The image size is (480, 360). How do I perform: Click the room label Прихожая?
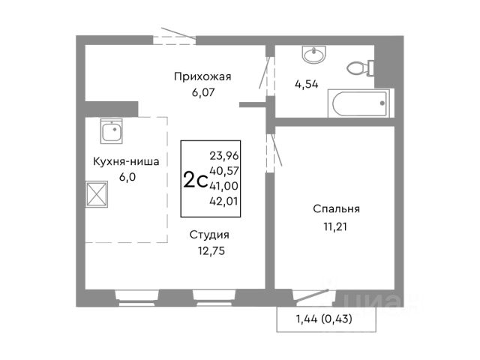pos(202,76)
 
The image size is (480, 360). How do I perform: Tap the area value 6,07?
pos(203,92)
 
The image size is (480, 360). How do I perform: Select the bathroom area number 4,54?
pos(307,84)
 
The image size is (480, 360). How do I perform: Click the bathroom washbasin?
pos(314,55)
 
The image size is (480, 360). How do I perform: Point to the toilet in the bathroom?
pos(360,67)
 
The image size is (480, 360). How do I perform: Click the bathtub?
pos(358,103)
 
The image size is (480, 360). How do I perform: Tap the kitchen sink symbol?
pos(112,131)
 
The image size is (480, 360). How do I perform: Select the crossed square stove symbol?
pos(97,194)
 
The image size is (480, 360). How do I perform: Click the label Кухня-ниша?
pos(126,161)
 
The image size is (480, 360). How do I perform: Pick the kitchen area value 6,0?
pos(127,177)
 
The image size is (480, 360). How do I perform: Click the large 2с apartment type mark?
pos(195,180)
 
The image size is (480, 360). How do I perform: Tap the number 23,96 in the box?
pos(224,156)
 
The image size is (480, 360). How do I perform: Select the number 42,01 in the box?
pos(224,201)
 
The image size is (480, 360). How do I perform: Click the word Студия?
pos(209,235)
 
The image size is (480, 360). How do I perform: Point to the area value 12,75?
pos(211,251)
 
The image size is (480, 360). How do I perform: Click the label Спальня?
pos(337,209)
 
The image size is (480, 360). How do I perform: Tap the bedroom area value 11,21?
pos(335,226)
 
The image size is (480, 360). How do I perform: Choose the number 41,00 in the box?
pos(224,186)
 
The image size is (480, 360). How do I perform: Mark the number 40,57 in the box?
pos(224,171)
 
